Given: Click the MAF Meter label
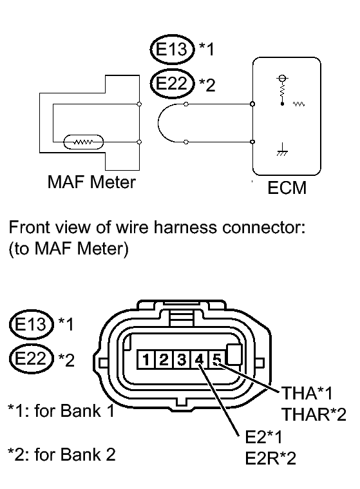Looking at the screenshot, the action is pyautogui.click(x=91, y=182).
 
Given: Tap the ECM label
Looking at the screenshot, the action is pyautogui.click(x=287, y=187).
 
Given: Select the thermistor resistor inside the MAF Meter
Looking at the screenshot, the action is pyautogui.click(x=83, y=142).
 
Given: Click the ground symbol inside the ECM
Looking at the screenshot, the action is pyautogui.click(x=282, y=149).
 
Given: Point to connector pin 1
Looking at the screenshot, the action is pyautogui.click(x=146, y=360).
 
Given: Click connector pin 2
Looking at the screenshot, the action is pyautogui.click(x=164, y=360).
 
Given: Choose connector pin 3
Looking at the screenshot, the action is pyautogui.click(x=182, y=360).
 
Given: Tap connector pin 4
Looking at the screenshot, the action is pyautogui.click(x=199, y=360).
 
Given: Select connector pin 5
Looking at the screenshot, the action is pyautogui.click(x=217, y=360).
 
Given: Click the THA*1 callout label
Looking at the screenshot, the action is pyautogui.click(x=307, y=393).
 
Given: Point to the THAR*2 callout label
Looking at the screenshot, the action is pyautogui.click(x=314, y=414).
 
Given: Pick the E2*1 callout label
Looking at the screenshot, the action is pyautogui.click(x=263, y=437).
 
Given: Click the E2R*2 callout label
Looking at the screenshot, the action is pyautogui.click(x=270, y=458).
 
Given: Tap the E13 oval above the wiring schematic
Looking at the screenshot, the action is pyautogui.click(x=172, y=49).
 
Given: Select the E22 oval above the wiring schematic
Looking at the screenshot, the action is pyautogui.click(x=172, y=84).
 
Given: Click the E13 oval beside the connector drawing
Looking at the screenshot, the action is pyautogui.click(x=30, y=324).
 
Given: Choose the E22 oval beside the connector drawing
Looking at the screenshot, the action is pyautogui.click(x=30, y=358).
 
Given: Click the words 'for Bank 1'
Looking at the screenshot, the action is pyautogui.click(x=75, y=411).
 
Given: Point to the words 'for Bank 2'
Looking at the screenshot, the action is pyautogui.click(x=75, y=454).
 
